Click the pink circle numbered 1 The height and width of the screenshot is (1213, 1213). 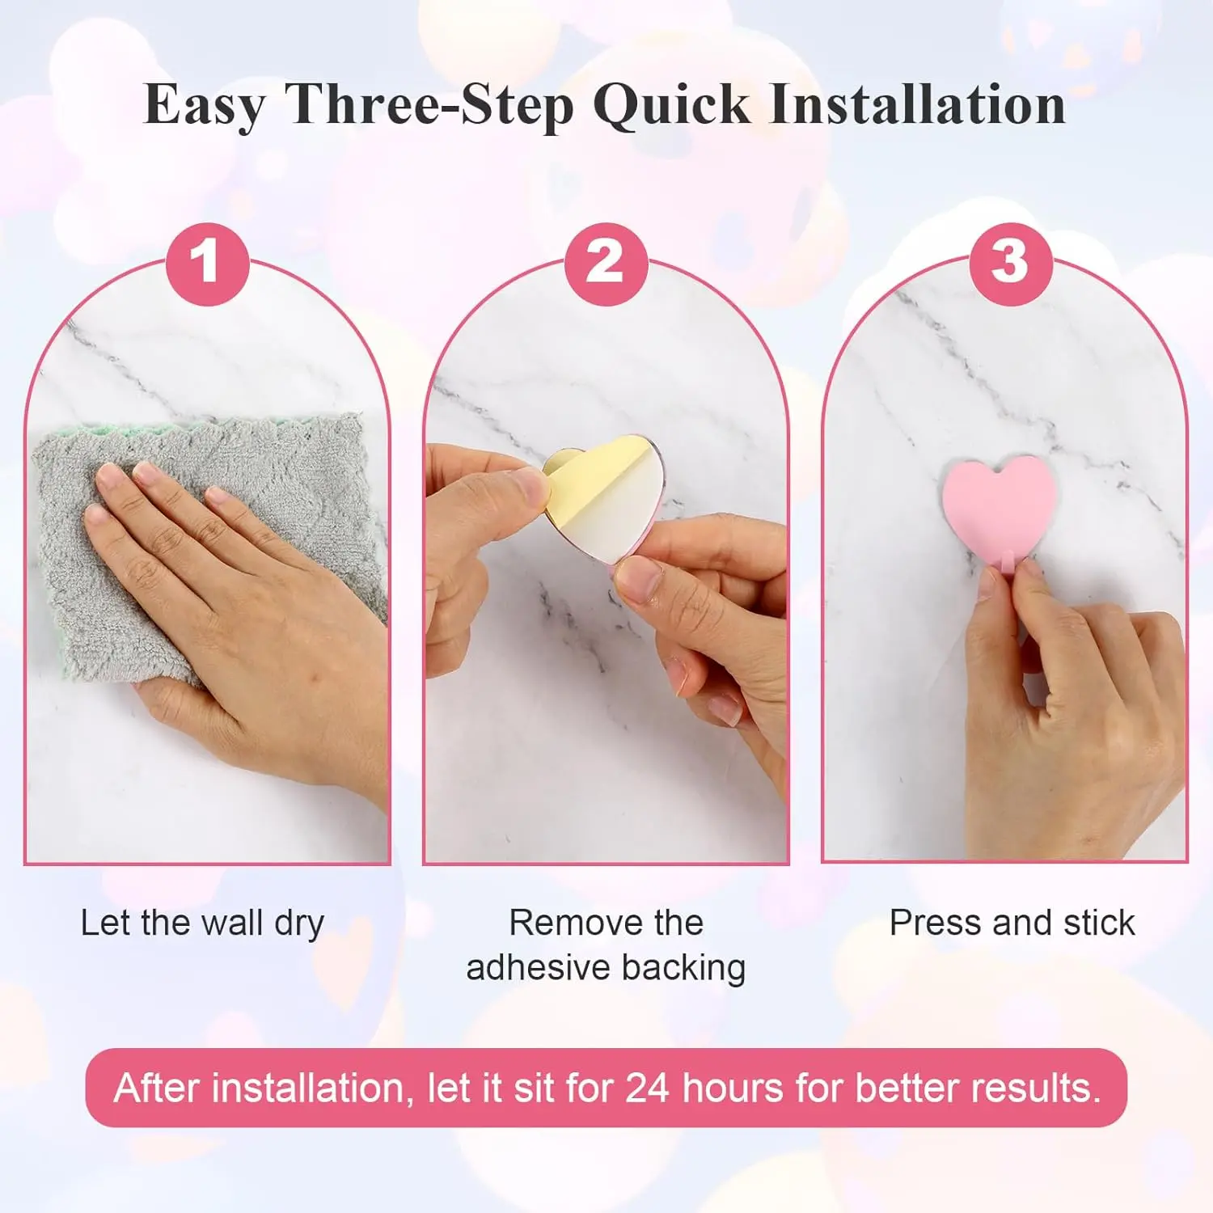[x=207, y=264]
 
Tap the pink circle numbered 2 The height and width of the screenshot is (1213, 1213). [x=606, y=264]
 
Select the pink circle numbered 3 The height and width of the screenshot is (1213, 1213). [x=1010, y=264]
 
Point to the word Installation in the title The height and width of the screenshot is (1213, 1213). [x=918, y=104]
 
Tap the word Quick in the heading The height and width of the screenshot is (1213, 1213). [x=672, y=106]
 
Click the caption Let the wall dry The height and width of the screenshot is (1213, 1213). [x=202, y=923]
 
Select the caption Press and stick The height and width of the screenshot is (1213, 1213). [x=1012, y=923]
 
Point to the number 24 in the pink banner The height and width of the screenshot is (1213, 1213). [x=648, y=1088]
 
